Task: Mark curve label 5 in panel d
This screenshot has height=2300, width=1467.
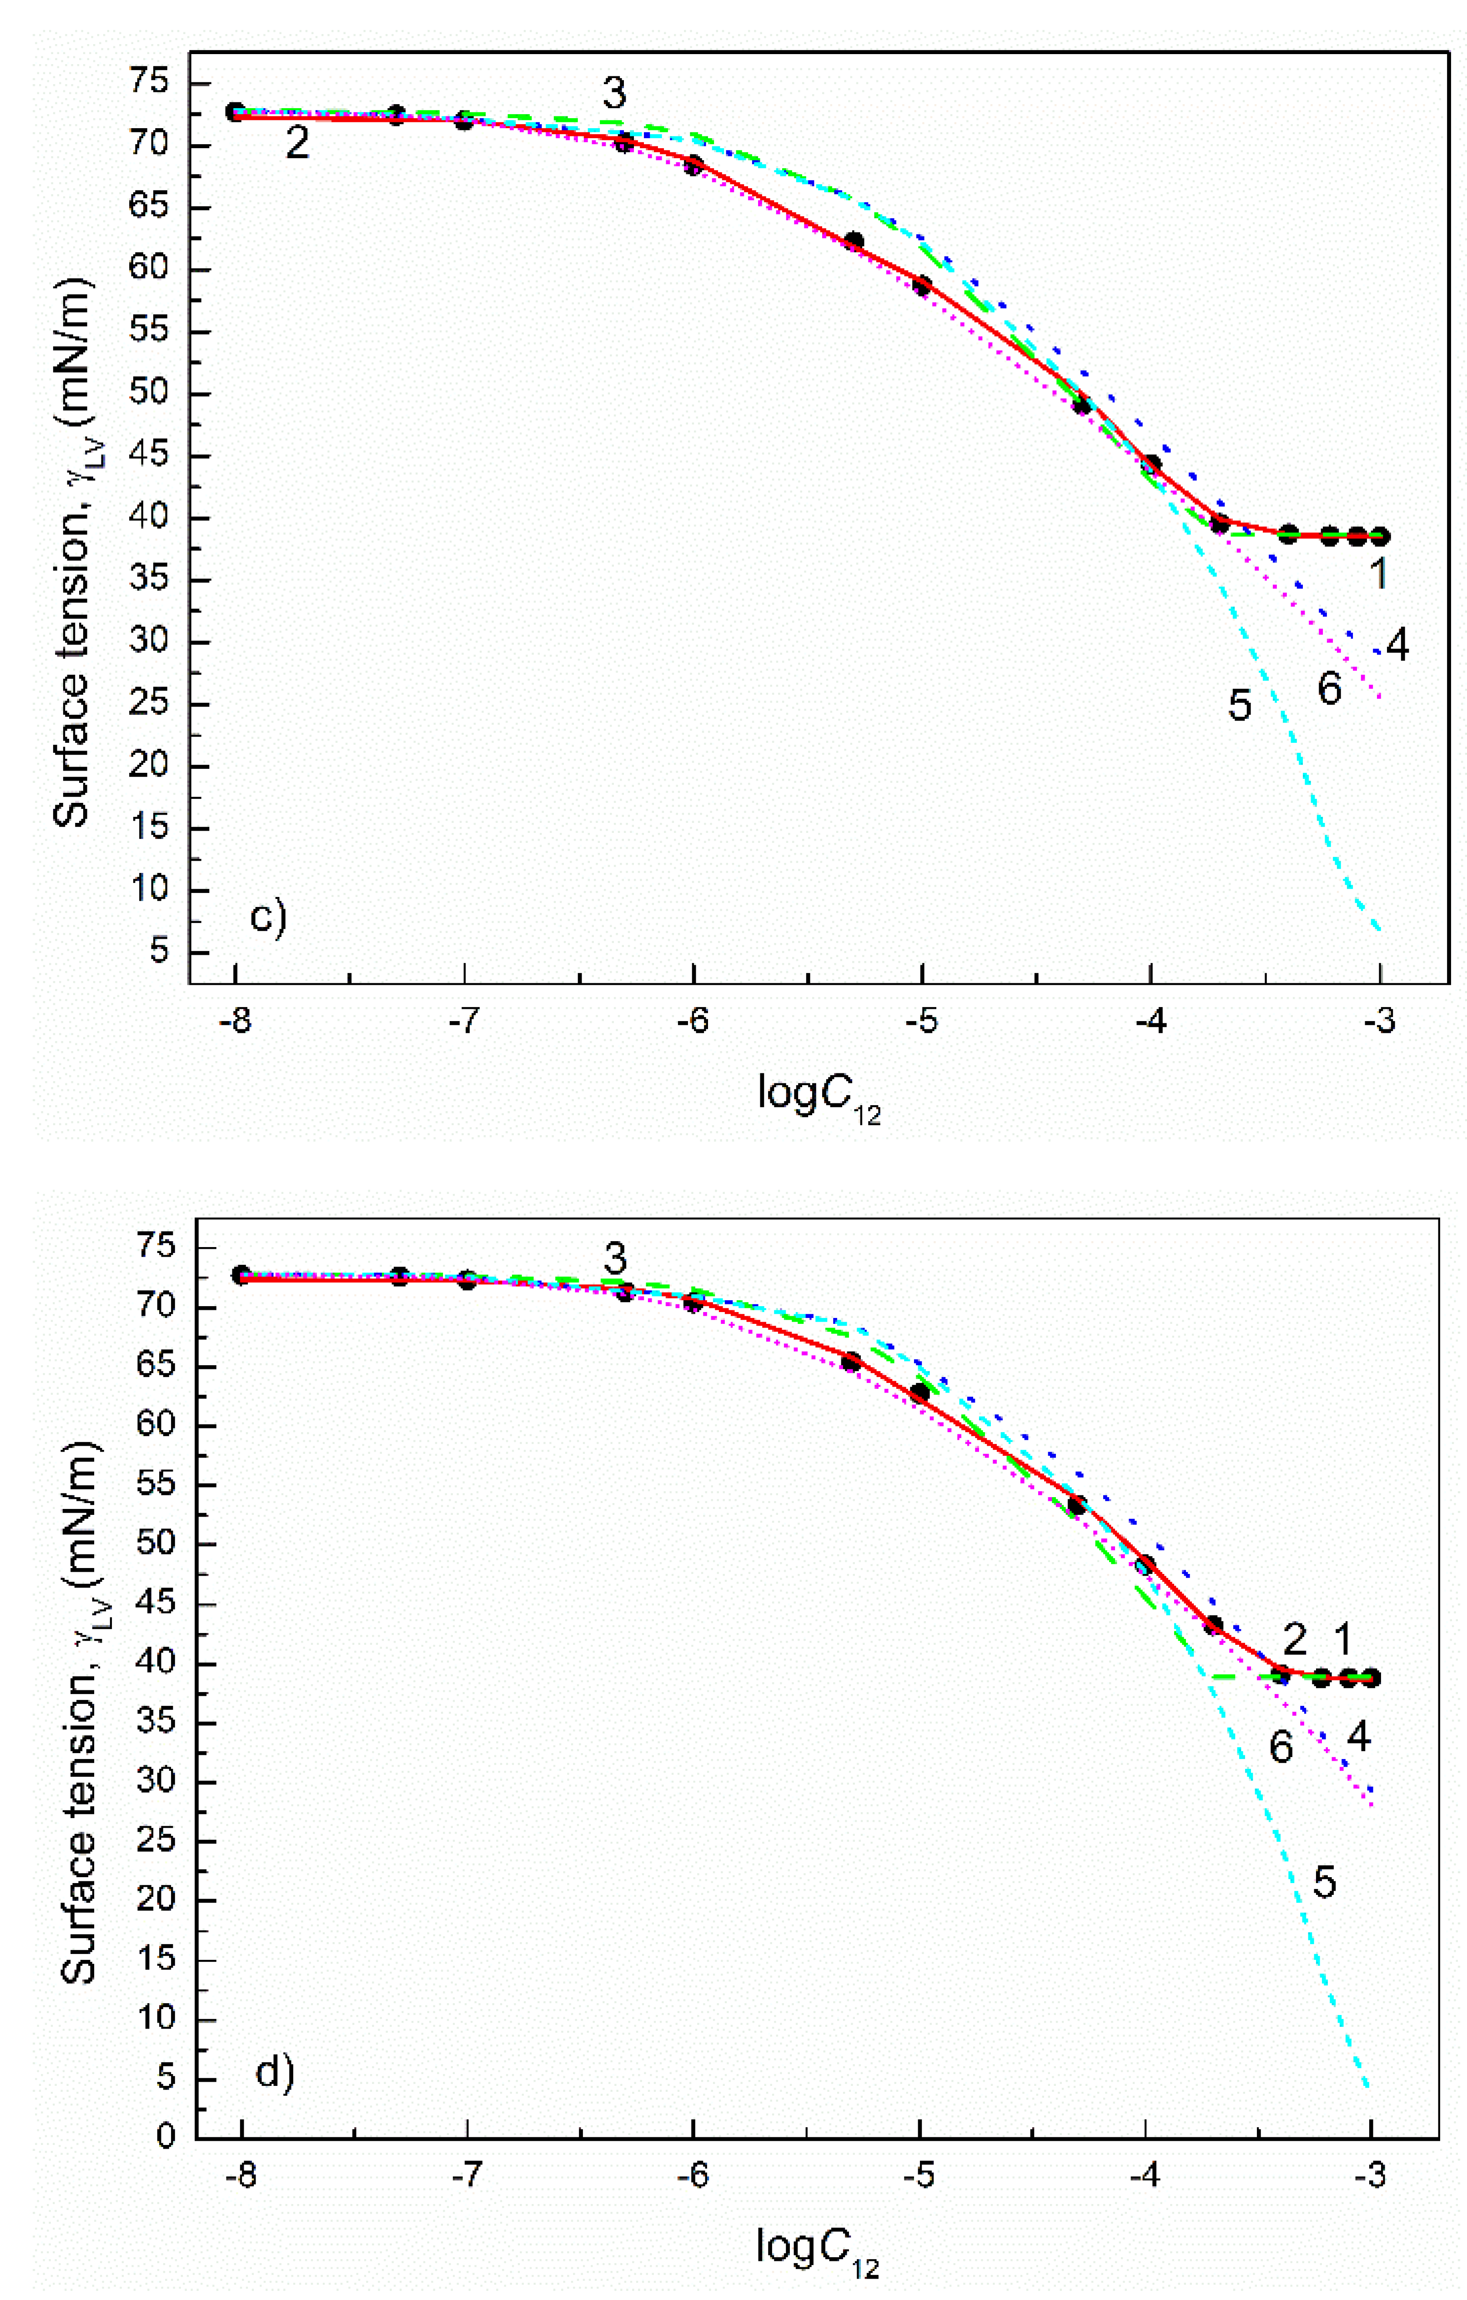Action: [1324, 1902]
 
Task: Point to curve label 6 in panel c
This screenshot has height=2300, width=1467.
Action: [1330, 689]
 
